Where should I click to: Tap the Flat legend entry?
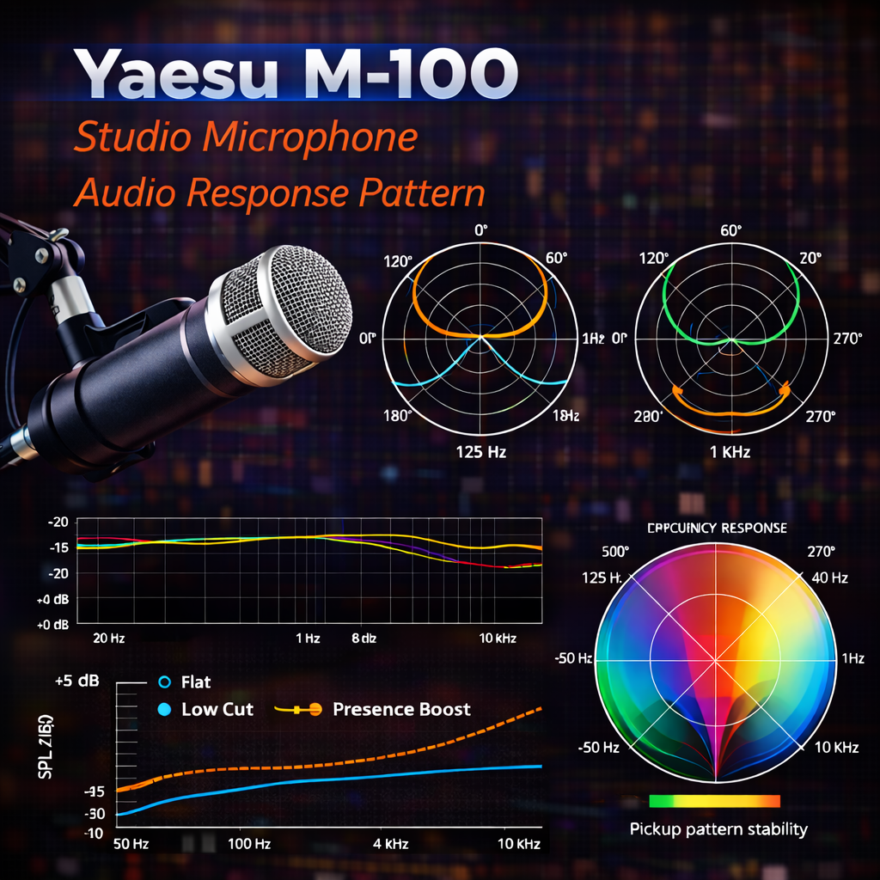coord(195,682)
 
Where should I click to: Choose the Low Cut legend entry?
coord(217,710)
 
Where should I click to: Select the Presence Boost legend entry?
coord(401,710)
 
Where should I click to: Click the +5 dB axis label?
coord(76,681)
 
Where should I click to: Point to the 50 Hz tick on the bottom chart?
coord(131,845)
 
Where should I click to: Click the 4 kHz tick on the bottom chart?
coord(391,845)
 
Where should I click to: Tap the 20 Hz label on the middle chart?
coord(108,639)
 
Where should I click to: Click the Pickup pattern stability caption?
coord(718,829)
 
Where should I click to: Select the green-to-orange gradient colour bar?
coord(715,801)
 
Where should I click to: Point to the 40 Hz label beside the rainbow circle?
coord(830,577)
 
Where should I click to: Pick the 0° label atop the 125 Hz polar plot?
coord(480,230)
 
